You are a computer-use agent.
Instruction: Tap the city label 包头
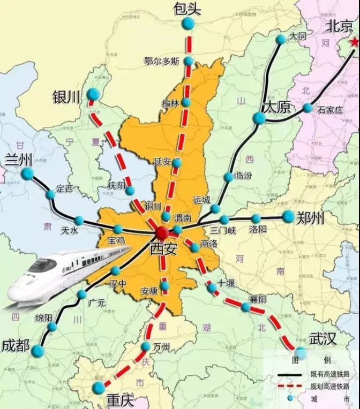click(x=187, y=9)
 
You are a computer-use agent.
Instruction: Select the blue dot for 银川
click(x=93, y=94)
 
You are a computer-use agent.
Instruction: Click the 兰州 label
click(x=19, y=160)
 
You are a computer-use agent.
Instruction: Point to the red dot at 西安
click(x=162, y=232)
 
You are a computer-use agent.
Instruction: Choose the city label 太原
click(x=276, y=107)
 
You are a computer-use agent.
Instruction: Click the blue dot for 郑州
click(x=289, y=216)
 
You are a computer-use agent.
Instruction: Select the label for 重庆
click(x=120, y=399)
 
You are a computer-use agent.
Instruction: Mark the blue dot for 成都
click(x=37, y=351)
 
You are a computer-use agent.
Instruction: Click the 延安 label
click(x=162, y=161)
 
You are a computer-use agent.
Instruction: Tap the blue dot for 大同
click(x=281, y=39)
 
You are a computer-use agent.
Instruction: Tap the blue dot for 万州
click(x=146, y=347)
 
